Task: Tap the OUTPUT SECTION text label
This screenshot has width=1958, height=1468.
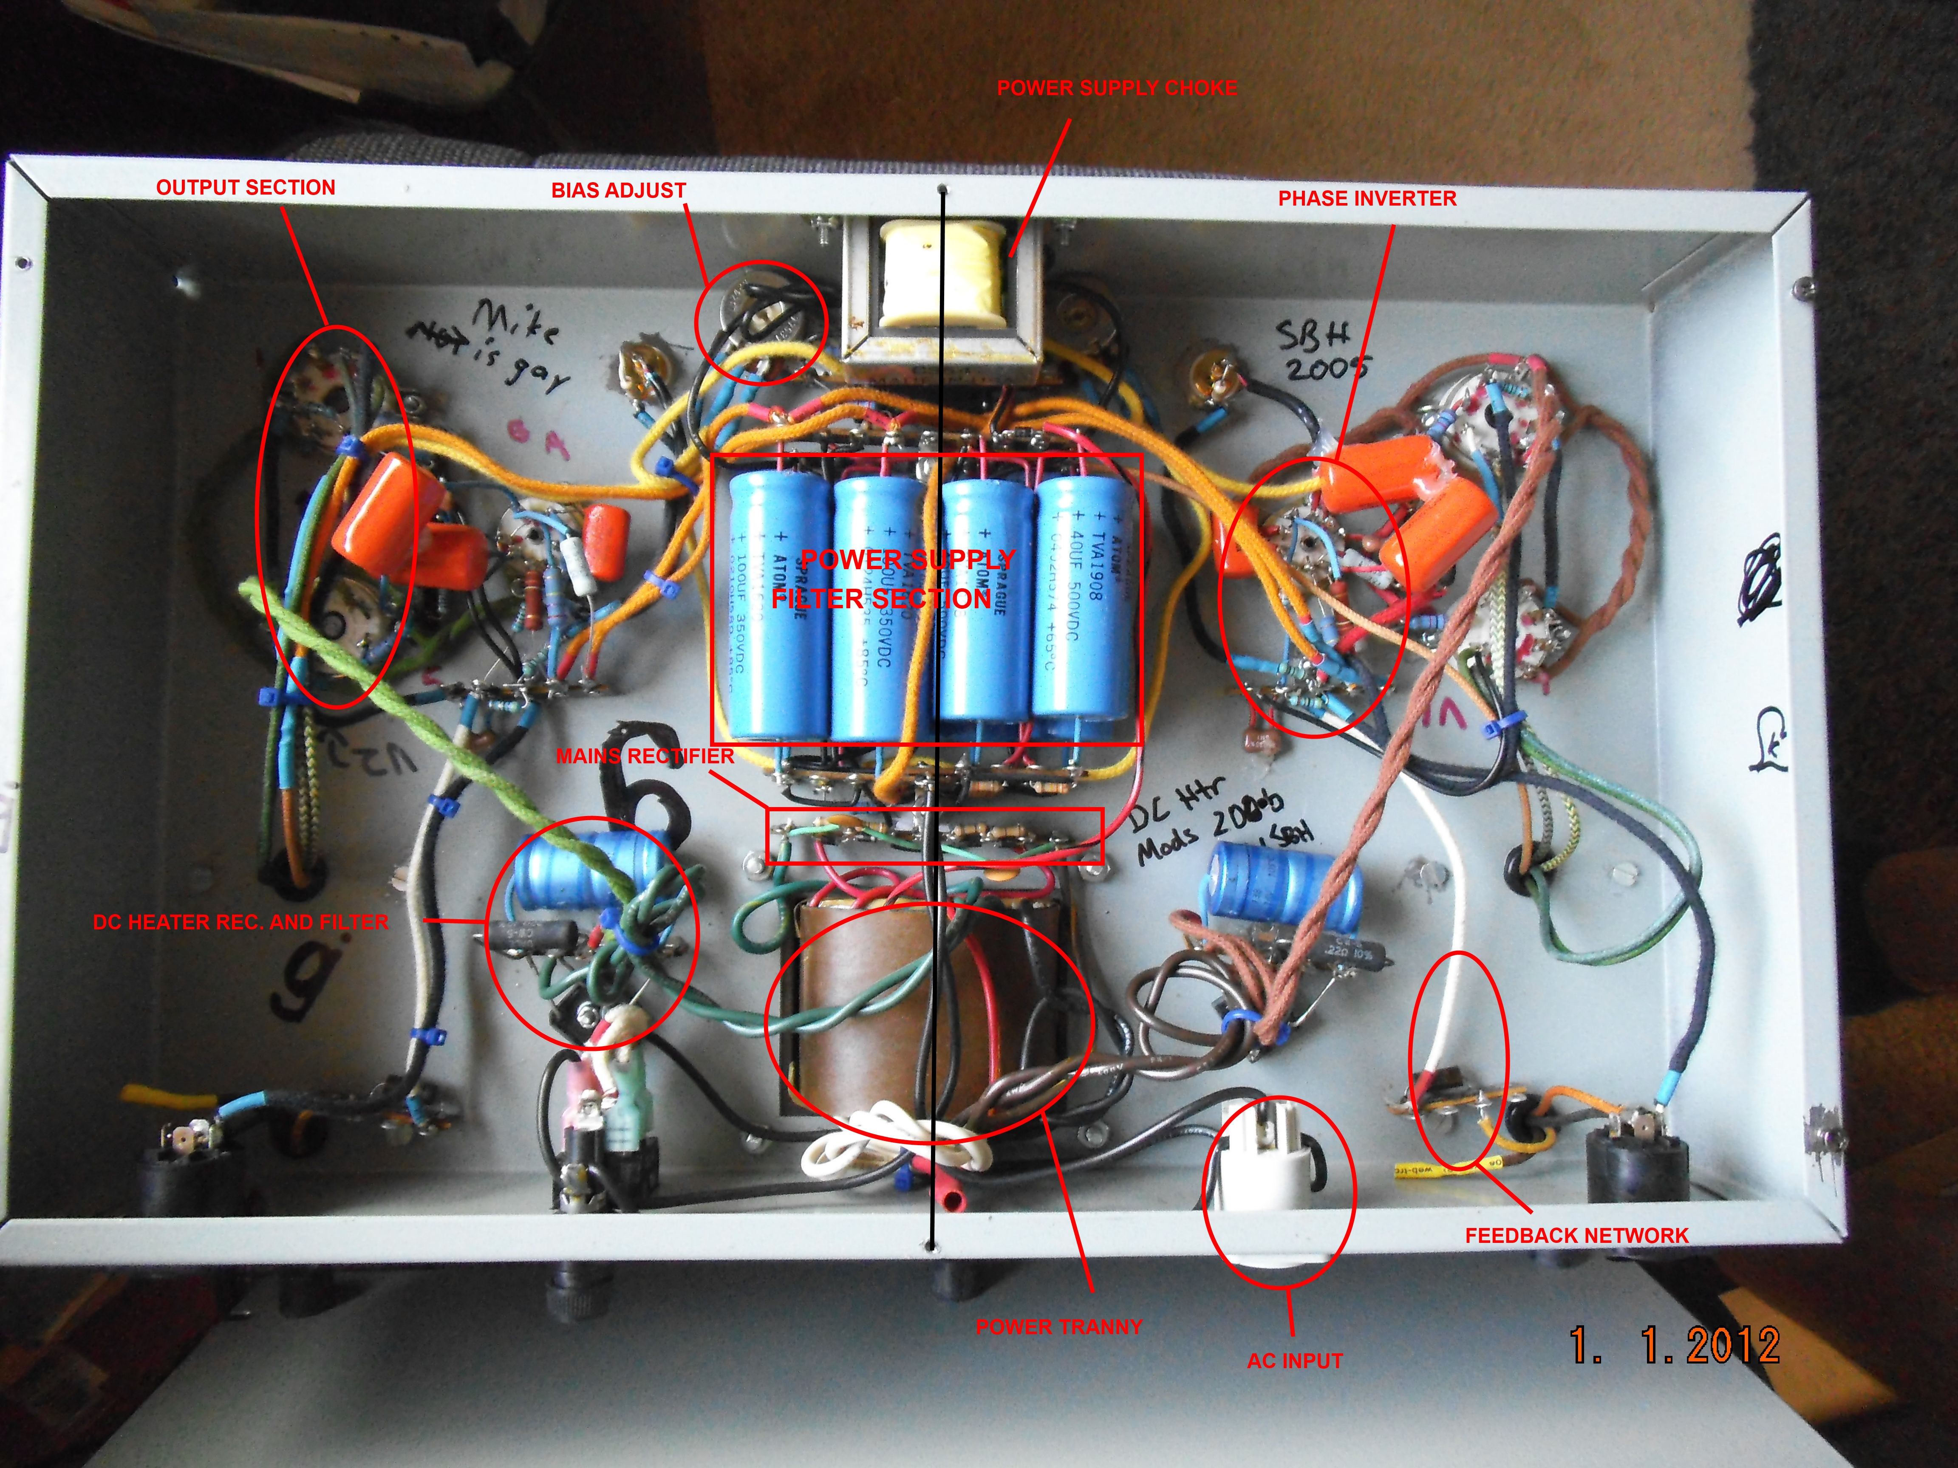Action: coord(245,188)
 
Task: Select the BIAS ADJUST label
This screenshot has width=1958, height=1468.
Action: coord(618,190)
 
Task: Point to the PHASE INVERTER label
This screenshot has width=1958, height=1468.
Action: coord(1367,198)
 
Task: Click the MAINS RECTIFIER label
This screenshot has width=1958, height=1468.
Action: coord(645,756)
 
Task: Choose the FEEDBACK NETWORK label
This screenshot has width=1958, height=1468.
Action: coord(1576,1235)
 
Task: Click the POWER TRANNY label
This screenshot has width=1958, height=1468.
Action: coord(1058,1327)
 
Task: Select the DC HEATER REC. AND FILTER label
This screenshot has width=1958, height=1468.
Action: coord(240,922)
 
